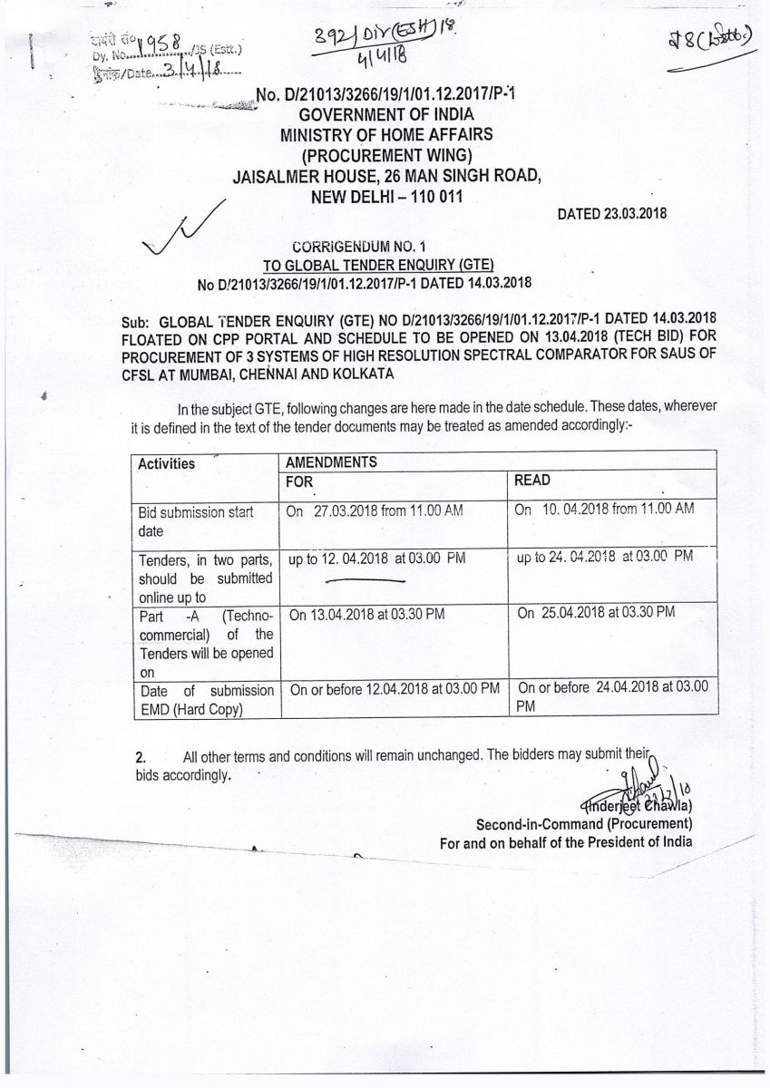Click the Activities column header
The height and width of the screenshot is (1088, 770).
[166, 463]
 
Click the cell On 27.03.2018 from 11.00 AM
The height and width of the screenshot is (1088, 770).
[375, 510]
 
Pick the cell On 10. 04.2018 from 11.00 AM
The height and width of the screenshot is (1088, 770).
[604, 510]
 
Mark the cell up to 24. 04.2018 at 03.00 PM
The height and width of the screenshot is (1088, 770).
[604, 556]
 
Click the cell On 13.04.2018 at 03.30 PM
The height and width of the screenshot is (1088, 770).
[366, 614]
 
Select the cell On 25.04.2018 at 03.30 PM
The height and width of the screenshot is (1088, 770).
[596, 613]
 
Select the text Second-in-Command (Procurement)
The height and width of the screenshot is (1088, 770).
[584, 824]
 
